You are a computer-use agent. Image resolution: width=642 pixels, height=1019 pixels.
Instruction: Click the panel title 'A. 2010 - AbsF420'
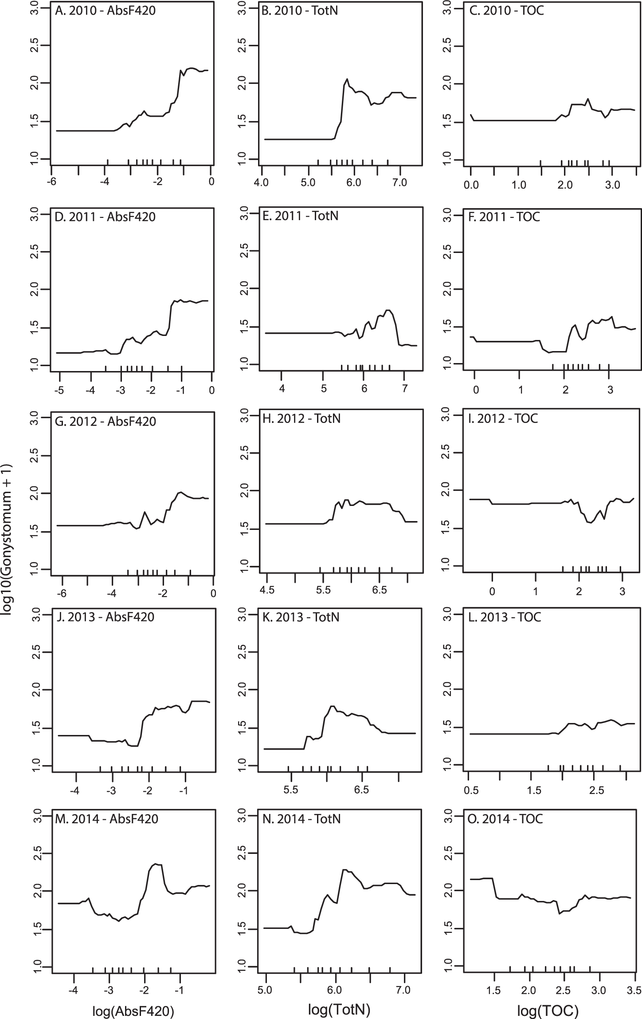[x=105, y=10]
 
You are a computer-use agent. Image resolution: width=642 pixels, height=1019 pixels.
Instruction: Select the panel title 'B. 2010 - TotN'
[x=300, y=10]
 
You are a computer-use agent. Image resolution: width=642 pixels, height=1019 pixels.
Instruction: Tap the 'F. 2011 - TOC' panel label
[x=505, y=217]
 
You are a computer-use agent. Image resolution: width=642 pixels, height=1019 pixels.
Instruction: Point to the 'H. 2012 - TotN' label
[x=302, y=419]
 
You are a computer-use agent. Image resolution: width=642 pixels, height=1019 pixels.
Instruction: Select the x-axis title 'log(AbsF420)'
[x=133, y=1011]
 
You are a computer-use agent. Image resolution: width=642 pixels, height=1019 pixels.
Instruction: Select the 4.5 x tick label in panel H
[x=266, y=590]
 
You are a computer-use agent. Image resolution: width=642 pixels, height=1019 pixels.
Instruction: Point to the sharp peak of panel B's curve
[x=347, y=79]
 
